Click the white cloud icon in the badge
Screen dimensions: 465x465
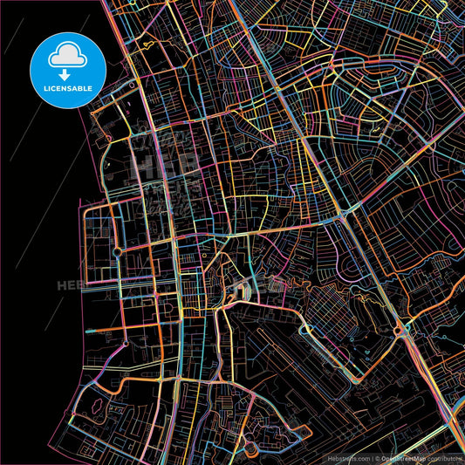click(x=67, y=53)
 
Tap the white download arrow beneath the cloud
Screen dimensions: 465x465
click(x=67, y=63)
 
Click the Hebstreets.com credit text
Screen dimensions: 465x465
click(x=350, y=457)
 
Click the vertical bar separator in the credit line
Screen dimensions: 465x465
click(x=373, y=457)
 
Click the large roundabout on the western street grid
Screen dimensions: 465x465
click(x=117, y=252)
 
